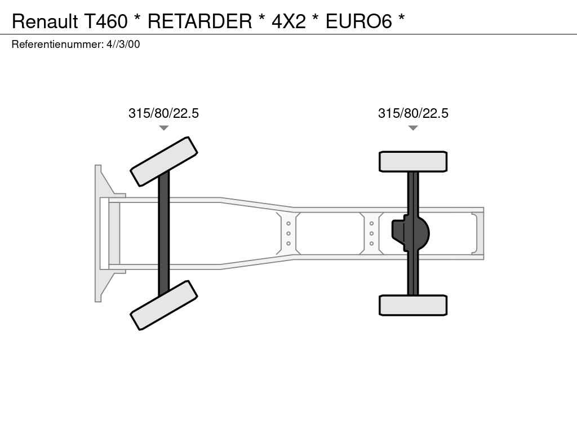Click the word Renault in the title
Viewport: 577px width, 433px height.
point(45,21)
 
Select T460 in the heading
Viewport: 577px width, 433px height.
point(106,21)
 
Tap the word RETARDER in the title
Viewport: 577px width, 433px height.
point(200,21)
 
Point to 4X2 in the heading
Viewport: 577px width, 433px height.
point(288,21)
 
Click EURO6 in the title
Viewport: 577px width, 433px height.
point(359,21)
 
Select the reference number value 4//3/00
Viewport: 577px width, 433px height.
point(123,44)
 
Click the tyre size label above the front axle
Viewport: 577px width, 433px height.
point(163,113)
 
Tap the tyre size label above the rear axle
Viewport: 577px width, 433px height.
point(413,113)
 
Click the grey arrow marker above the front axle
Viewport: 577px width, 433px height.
point(164,128)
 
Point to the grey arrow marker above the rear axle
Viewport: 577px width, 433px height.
point(413,128)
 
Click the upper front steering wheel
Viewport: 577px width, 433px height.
point(164,161)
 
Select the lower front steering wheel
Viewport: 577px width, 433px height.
point(164,305)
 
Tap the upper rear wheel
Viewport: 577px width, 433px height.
point(413,161)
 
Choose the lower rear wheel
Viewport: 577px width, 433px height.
point(413,305)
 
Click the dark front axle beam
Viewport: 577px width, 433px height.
point(164,233)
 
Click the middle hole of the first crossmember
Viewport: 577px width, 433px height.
point(288,233)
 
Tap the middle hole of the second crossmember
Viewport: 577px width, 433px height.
point(372,233)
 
